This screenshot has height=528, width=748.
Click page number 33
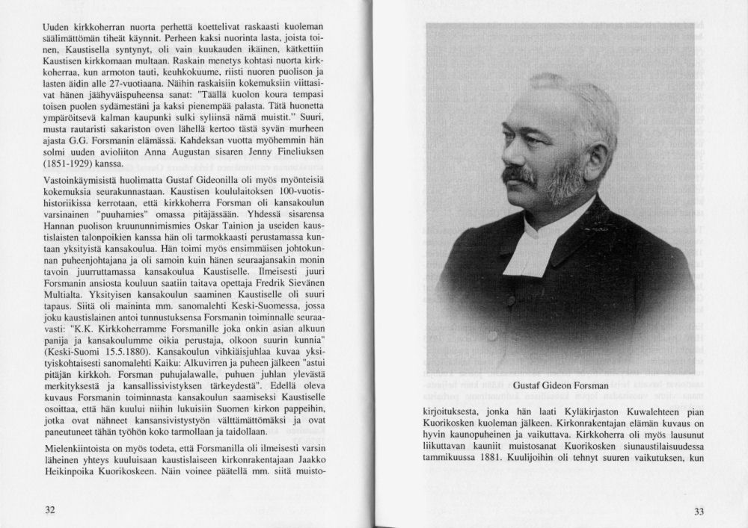point(699,511)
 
